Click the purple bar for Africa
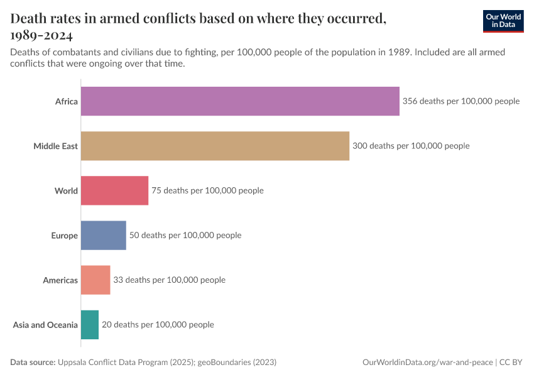[x=240, y=101]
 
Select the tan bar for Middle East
[x=215, y=146]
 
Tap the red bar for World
[x=114, y=190]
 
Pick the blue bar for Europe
[x=103, y=236]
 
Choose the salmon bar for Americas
[x=95, y=280]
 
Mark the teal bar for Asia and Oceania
[x=90, y=325]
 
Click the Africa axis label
[x=66, y=101]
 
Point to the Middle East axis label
[x=55, y=146]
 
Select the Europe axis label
[x=64, y=236]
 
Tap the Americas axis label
[x=60, y=280]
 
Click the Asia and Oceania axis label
[x=45, y=325]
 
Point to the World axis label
[x=66, y=190]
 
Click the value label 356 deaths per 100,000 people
[x=461, y=101]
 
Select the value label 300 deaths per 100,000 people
[x=411, y=146]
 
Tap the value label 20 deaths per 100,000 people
[x=158, y=325]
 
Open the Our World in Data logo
[x=503, y=21]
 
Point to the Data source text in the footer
[x=143, y=363]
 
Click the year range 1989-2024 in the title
[x=41, y=35]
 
